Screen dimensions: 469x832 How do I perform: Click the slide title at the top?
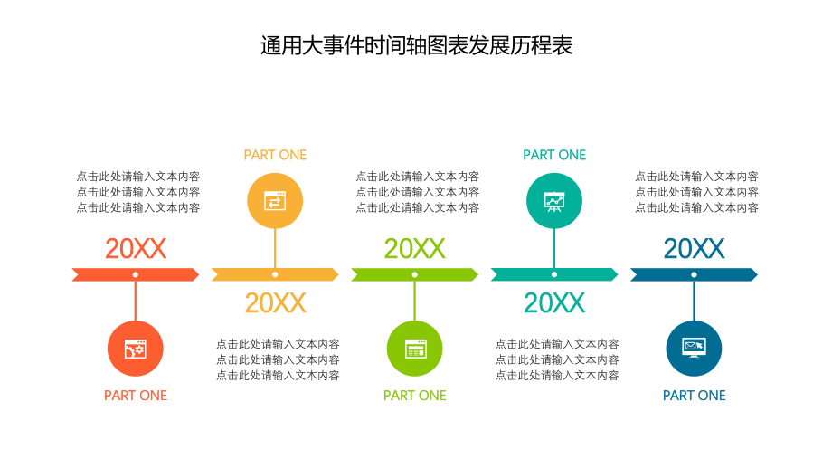pos(416,46)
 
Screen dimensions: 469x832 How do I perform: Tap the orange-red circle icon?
pos(136,349)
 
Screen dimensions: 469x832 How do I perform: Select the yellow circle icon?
pos(275,201)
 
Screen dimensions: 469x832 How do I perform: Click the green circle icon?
pos(414,349)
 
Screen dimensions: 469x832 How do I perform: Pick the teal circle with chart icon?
pos(554,201)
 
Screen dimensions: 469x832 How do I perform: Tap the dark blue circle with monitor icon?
pos(694,349)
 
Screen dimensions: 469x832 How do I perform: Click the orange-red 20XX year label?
pos(136,248)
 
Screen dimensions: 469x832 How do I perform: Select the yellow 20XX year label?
pos(275,303)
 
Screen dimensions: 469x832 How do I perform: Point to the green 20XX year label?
pos(414,248)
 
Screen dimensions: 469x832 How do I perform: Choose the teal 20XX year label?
pos(554,303)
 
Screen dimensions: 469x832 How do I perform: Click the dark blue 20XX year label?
pos(694,248)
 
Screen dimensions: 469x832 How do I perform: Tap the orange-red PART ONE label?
pos(136,396)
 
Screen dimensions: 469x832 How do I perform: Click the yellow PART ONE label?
pos(275,155)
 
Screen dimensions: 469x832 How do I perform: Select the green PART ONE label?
pos(414,396)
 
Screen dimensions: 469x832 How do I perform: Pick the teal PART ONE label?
pos(554,155)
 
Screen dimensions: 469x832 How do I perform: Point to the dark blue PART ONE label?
pos(694,396)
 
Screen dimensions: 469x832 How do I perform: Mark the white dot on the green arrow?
pos(414,274)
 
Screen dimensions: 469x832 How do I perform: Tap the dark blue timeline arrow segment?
pos(723,274)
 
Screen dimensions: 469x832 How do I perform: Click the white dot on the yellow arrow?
pos(275,274)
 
